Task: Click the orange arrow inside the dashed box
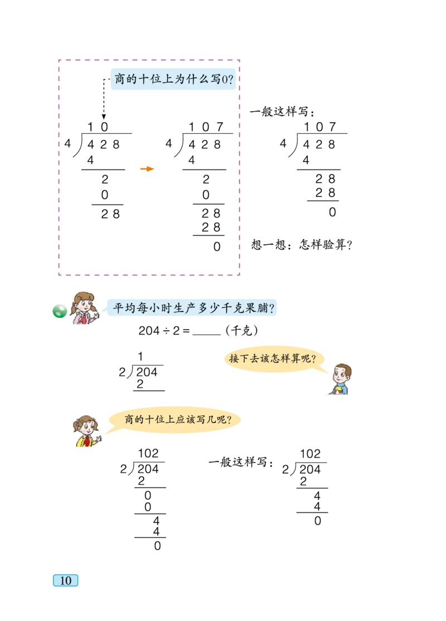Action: pyautogui.click(x=147, y=169)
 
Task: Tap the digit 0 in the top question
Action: pyautogui.click(x=224, y=80)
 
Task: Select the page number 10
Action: pyautogui.click(x=66, y=580)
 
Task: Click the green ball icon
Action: pyautogui.click(x=59, y=312)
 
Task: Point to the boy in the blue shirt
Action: pyautogui.click(x=339, y=379)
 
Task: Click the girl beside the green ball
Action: pyautogui.click(x=85, y=308)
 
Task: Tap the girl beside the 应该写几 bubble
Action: pyautogui.click(x=89, y=432)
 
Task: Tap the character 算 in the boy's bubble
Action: pyautogui.click(x=295, y=358)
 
